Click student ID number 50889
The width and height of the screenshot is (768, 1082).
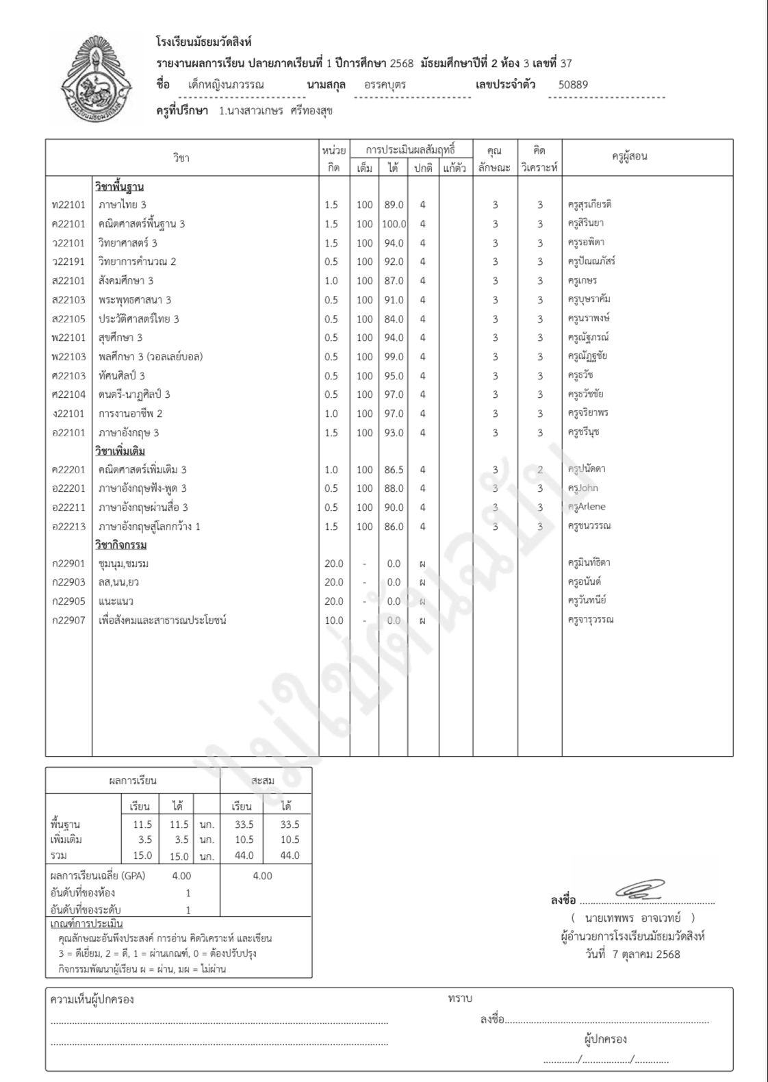tap(573, 85)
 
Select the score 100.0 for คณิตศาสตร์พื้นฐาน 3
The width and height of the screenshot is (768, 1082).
tap(394, 224)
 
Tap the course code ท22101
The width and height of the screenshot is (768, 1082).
tap(68, 205)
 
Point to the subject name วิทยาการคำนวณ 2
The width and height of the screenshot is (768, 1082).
tap(137, 262)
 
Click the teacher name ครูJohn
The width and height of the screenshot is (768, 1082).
tap(583, 488)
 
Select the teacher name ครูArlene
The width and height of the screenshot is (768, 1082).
tap(586, 507)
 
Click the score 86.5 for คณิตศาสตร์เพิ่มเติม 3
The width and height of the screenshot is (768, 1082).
tap(394, 470)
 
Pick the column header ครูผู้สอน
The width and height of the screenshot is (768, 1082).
tap(629, 157)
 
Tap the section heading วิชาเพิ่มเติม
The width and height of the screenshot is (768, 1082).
tap(120, 451)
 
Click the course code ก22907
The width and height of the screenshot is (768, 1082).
tap(68, 620)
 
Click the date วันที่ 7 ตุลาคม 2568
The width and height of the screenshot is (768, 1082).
tap(632, 954)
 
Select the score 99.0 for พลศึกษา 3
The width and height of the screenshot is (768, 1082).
tap(394, 357)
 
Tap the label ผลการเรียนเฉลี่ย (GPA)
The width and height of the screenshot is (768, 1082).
tap(98, 876)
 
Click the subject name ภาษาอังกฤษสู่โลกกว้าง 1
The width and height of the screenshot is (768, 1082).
tap(149, 527)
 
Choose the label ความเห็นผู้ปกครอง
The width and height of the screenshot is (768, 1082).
tap(92, 999)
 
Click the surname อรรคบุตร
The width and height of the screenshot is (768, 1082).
tap(385, 85)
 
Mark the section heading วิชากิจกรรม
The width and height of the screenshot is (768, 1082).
tap(120, 545)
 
